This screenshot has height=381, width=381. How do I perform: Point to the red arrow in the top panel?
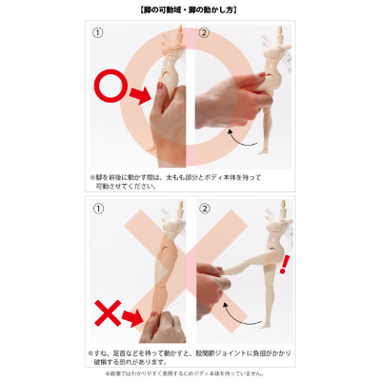click(x=140, y=96)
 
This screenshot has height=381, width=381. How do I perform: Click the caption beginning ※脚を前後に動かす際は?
click(x=190, y=182)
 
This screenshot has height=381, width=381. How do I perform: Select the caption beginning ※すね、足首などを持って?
click(x=190, y=355)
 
